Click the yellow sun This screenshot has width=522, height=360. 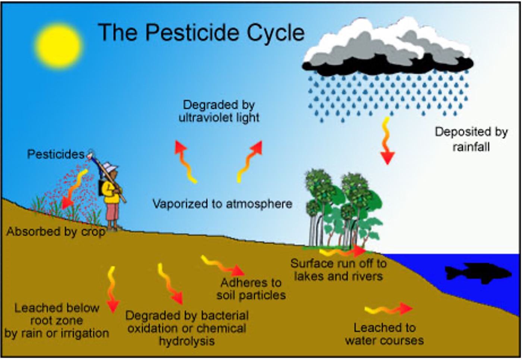[59, 46]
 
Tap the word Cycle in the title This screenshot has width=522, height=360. [276, 32]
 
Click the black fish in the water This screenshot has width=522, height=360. [478, 273]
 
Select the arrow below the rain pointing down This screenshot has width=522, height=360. [387, 141]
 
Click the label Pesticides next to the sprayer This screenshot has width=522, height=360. [56, 154]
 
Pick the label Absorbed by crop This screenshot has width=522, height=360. [56, 232]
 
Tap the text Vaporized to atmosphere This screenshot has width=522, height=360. [222, 204]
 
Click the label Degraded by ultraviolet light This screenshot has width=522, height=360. [219, 111]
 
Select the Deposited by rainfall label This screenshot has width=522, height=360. [471, 139]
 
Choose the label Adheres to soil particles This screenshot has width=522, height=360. [251, 289]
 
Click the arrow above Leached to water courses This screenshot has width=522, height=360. [389, 309]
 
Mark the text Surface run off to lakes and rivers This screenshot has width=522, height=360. [339, 270]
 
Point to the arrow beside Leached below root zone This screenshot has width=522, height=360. [112, 290]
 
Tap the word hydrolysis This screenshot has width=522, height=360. [187, 341]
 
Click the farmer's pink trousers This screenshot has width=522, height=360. [112, 212]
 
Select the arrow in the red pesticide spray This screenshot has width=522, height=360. [74, 189]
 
